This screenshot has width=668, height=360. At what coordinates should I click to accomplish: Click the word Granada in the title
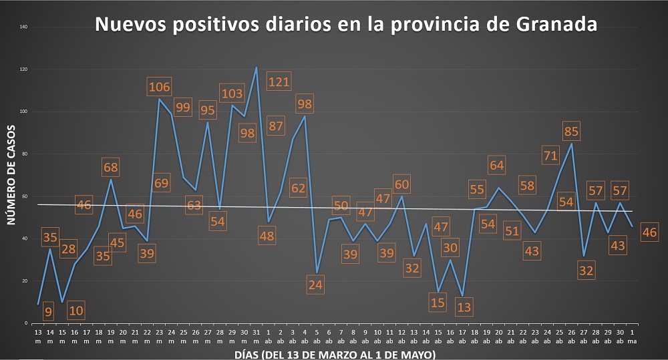point(556,25)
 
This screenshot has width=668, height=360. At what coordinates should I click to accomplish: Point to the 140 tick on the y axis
point(23,27)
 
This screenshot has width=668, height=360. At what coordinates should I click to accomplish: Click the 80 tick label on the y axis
point(24,154)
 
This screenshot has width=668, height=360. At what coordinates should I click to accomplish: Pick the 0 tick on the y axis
point(25,323)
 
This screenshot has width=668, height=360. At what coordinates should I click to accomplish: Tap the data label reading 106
point(159,86)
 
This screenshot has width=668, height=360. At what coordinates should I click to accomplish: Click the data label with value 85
point(571,131)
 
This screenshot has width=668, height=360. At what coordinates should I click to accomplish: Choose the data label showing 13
point(464,307)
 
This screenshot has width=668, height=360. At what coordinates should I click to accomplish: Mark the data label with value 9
point(48,311)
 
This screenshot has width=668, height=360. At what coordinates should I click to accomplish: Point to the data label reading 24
point(316,284)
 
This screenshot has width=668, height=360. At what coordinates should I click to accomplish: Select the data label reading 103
point(231,94)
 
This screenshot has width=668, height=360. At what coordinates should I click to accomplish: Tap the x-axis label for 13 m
point(37,335)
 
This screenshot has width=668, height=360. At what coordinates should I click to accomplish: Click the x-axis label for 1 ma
point(632,335)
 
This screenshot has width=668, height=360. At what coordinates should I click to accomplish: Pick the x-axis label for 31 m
point(256,335)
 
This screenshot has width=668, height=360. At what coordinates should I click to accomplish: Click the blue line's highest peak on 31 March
point(256,67)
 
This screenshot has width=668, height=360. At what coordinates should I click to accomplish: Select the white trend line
point(401,208)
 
